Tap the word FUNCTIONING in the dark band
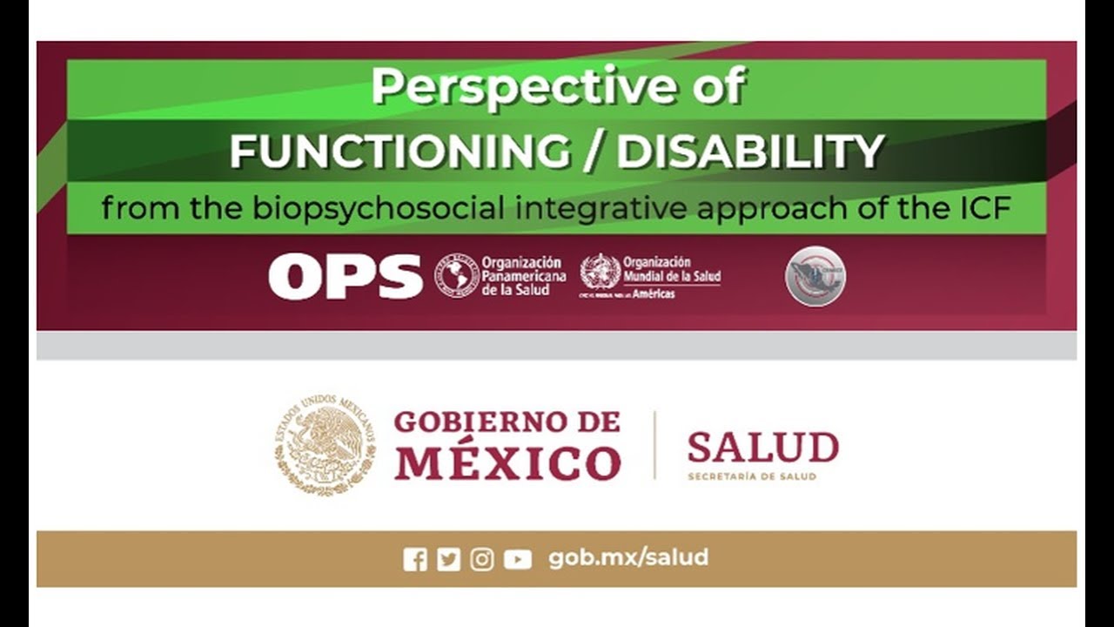coord(400,152)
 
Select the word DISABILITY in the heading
coord(750,152)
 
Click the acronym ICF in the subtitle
coord(982,209)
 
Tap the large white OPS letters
coord(345,276)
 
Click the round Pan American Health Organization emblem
coord(456,276)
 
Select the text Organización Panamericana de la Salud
coord(523,276)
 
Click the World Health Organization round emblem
coord(600,272)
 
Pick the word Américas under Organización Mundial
coord(654,294)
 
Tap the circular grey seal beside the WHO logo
coord(815,276)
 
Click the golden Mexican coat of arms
coord(325,445)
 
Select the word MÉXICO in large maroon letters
coord(507,462)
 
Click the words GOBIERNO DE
coord(507,422)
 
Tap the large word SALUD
coord(762,448)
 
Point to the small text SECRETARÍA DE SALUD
coord(752,476)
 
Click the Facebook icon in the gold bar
coord(415,559)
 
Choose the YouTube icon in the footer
coord(517,559)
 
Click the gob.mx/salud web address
coord(628,558)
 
